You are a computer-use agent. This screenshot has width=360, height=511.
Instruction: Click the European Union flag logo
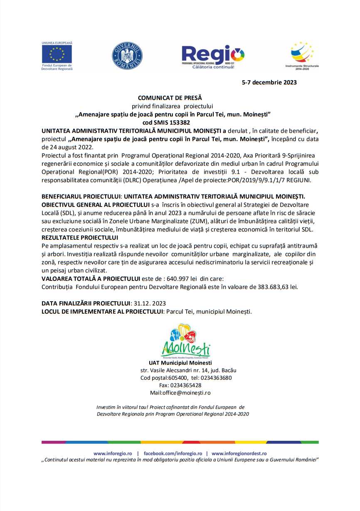point(57,54)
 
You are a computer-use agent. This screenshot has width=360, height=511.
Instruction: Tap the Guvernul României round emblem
point(127,56)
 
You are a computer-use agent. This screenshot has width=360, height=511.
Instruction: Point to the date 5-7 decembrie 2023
point(269,82)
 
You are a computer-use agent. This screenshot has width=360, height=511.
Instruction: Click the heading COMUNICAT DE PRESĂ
point(170,98)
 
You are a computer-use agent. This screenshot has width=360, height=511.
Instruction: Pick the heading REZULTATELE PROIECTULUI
point(80,238)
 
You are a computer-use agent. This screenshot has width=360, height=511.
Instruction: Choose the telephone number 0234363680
point(216,378)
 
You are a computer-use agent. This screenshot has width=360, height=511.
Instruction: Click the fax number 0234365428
point(186,385)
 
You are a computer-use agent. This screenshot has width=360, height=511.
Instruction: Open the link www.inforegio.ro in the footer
point(113,453)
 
